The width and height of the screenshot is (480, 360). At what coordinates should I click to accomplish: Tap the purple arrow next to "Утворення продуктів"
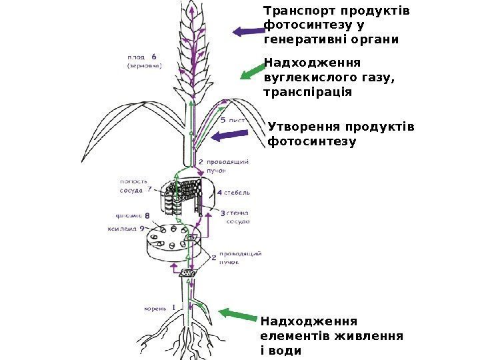[x=230, y=137]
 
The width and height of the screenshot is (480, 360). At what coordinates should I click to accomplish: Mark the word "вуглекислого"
[x=307, y=77]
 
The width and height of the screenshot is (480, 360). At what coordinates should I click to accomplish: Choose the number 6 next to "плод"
[x=153, y=56]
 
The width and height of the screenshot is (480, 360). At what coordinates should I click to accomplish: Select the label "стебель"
[x=237, y=193]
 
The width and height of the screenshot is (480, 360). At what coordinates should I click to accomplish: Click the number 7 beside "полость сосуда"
[x=149, y=189]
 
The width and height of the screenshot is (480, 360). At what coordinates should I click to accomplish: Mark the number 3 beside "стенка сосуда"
[x=222, y=213]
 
